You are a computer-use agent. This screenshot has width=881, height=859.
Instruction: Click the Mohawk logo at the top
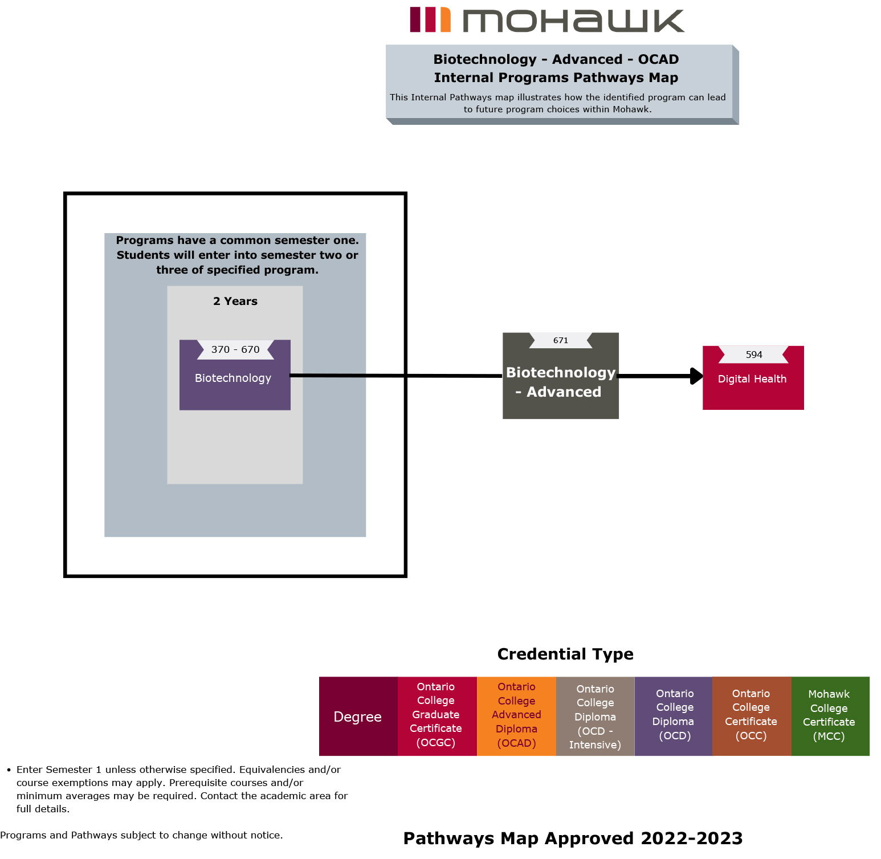546,20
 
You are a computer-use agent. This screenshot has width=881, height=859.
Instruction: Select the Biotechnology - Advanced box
560,382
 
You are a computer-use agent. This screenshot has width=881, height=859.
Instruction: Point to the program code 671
561,340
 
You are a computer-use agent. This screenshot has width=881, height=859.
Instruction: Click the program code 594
754,355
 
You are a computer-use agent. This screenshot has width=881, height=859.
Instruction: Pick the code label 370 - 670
235,349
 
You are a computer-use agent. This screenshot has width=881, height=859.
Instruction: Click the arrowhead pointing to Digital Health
696,376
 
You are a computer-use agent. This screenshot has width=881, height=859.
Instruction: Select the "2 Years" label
235,301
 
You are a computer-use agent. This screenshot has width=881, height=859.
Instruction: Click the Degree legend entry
358,716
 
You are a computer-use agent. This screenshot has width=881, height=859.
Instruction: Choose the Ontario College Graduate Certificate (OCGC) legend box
436,715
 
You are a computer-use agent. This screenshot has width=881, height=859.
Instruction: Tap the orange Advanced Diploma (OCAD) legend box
516,715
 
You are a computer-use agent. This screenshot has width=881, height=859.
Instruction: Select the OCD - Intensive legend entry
595,716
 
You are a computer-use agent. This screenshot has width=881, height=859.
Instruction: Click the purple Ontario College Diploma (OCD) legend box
674,715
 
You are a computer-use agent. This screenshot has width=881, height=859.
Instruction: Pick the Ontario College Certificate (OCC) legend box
751,715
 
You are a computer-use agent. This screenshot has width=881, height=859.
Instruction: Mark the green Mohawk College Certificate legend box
829,715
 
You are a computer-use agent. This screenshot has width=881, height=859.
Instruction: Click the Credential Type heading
565,654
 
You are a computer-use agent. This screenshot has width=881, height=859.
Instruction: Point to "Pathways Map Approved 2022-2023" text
573,838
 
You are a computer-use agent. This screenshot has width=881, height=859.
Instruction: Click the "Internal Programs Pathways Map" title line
556,78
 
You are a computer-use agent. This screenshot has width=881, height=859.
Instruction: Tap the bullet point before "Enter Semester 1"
9,770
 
